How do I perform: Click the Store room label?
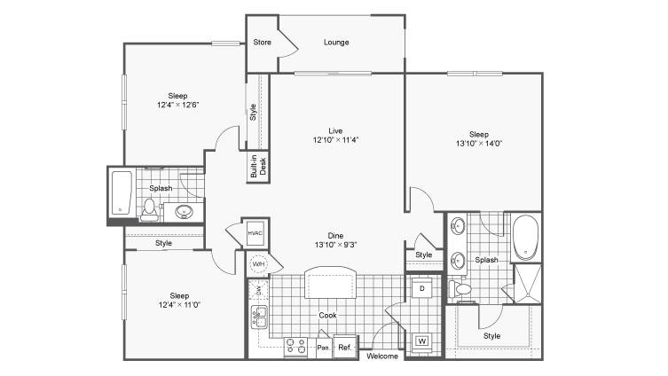coord(262,43)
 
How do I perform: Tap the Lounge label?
coord(336,43)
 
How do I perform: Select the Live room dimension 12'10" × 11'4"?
coord(335,139)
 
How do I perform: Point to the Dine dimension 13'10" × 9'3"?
coord(335,245)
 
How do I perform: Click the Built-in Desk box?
coord(258,167)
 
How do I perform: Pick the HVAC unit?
coord(255,233)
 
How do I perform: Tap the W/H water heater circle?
coord(258,264)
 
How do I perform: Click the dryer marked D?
coord(422,288)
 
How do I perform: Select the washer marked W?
coord(422,341)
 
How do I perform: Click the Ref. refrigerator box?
coord(345,347)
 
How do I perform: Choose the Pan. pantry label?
coord(324,348)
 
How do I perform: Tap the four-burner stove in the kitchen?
coord(295,346)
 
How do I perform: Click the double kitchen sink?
coord(259,317)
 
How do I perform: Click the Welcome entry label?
coord(382,356)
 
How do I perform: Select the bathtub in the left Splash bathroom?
coord(122,193)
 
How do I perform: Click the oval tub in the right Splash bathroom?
coord(526,237)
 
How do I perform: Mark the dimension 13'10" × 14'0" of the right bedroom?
coord(479,144)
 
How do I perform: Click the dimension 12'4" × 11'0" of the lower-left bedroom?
coord(179,305)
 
